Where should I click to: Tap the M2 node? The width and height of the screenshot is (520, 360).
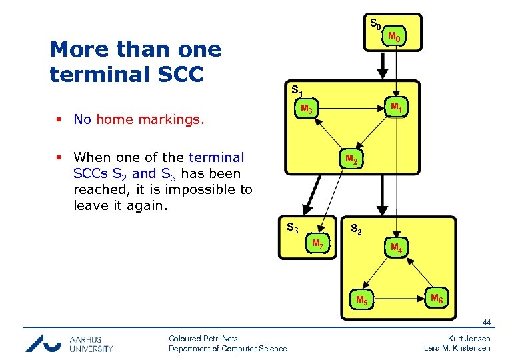coord(351,160)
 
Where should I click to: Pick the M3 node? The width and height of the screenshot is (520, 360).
coord(307,109)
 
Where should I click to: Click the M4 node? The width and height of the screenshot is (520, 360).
coord(396,249)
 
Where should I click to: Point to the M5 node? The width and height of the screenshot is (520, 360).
coord(362,299)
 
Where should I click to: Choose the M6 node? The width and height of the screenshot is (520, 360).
coord(437,298)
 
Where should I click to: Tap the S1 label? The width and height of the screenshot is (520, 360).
coord(298,89)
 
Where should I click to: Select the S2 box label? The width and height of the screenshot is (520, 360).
coord(357,230)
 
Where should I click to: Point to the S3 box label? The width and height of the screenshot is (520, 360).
coord(292,227)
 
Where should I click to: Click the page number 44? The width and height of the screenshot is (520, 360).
coord(487,323)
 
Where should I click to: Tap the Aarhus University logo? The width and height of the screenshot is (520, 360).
coord(69,343)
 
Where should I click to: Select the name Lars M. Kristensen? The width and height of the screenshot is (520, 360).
coord(457,348)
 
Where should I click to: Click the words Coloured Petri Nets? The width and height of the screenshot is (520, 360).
coord(203,339)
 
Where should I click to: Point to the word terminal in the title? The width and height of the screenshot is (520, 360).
coord(94,75)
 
